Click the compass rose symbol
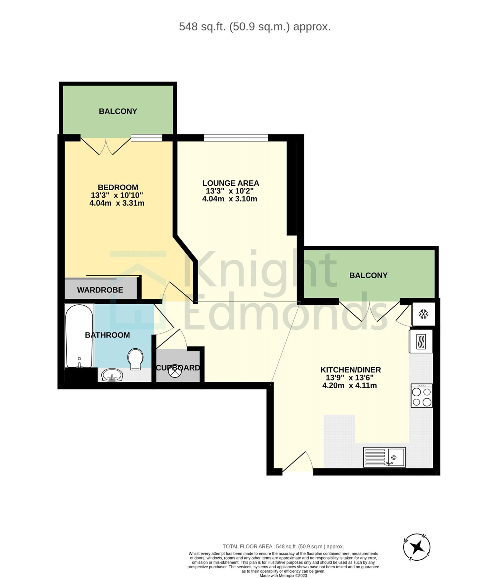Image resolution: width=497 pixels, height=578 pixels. coord(417,547)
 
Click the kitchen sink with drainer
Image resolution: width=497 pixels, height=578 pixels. coord(384,457)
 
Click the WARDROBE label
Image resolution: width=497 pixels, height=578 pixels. coord(100,290)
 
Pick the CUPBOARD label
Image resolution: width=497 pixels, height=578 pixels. coord(178,368)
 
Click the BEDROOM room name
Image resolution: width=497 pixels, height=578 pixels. coord(118,187)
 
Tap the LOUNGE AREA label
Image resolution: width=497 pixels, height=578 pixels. coord(231,183)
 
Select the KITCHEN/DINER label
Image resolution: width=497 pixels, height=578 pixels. coord(351,370)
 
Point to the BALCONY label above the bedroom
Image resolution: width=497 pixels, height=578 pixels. coord(118,111)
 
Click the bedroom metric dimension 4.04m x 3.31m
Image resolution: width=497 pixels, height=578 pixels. coord(117,203)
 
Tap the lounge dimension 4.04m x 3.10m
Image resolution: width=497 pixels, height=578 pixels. coord(230,199)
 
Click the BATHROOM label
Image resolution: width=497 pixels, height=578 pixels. coord(107,335)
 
